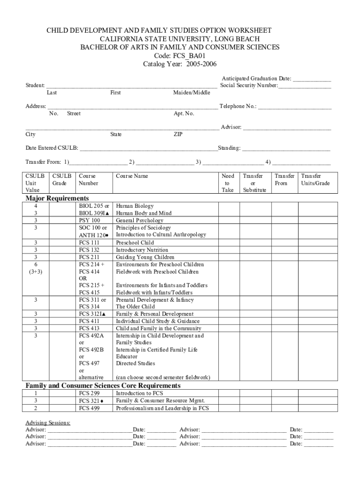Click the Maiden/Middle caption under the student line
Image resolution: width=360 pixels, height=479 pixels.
click(x=192, y=93)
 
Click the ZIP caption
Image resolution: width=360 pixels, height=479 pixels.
click(x=178, y=134)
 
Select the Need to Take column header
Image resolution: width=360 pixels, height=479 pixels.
click(x=228, y=183)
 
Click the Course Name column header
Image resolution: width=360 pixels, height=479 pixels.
click(x=132, y=176)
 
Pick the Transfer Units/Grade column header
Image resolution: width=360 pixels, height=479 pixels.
click(x=316, y=180)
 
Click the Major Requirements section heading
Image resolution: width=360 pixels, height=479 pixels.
click(x=57, y=198)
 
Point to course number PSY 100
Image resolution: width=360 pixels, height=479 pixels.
click(x=90, y=220)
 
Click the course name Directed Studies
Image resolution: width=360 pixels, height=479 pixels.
click(x=136, y=363)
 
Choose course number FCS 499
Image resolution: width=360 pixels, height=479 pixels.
click(x=89, y=408)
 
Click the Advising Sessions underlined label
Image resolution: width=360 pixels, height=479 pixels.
click(x=48, y=423)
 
